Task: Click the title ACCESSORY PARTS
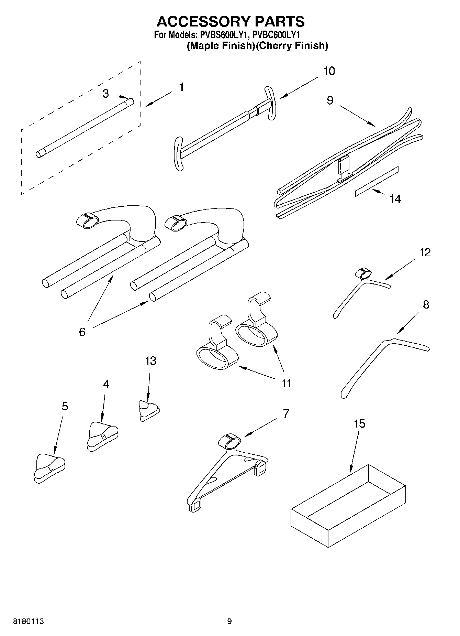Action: [231, 21]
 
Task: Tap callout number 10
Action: [329, 71]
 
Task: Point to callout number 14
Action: [395, 199]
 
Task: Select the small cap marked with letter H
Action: [102, 435]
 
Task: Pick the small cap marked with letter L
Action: [50, 468]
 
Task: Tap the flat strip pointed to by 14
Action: [377, 181]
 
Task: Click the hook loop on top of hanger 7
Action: [230, 441]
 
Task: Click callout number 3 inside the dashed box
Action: [106, 93]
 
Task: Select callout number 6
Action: [82, 332]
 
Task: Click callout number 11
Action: [286, 383]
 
